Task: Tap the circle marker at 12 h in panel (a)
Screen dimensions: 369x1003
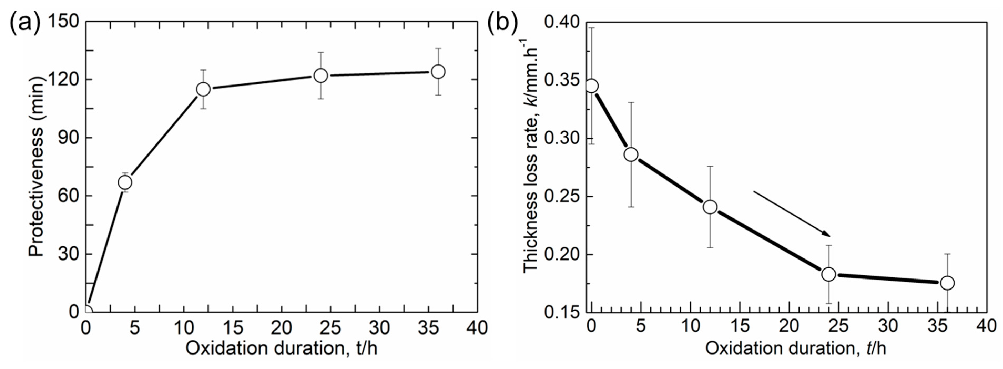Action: [x=203, y=89]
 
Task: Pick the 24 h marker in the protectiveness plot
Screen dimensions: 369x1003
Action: [x=320, y=75]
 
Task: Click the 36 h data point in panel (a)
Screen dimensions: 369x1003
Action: [x=438, y=72]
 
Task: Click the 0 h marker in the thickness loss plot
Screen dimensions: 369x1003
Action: [x=592, y=86]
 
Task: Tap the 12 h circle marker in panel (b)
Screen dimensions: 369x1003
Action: [x=710, y=207]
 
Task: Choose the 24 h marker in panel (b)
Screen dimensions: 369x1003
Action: [x=829, y=274]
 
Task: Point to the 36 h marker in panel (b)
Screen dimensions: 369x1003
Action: [x=947, y=283]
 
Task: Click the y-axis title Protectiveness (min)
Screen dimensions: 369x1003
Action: [x=37, y=166]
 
